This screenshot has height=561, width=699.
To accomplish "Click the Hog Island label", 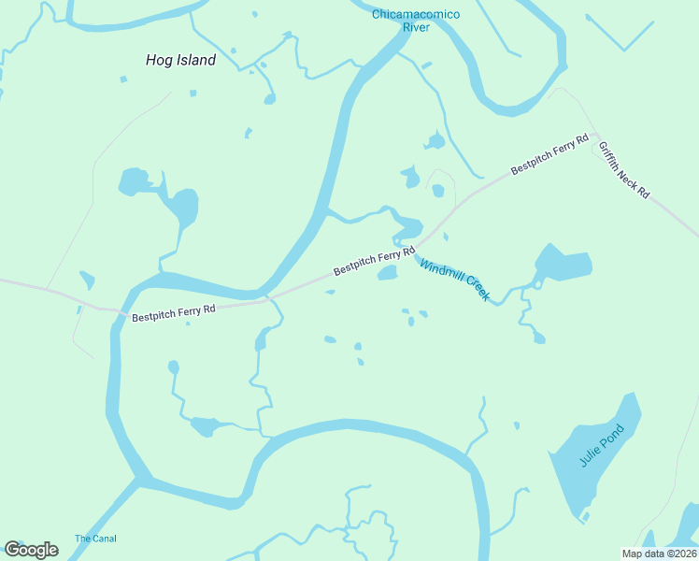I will click(180, 60).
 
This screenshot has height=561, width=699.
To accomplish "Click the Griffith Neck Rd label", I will click(623, 169).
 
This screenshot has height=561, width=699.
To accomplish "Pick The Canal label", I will click(96, 539).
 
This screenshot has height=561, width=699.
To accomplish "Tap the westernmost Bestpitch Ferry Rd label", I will click(174, 312).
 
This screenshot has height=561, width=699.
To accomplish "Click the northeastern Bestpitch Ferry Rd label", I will click(549, 154).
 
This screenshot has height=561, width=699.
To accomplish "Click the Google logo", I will click(31, 550).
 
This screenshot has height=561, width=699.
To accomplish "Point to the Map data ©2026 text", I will click(659, 554).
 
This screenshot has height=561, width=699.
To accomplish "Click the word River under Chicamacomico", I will click(416, 27).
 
